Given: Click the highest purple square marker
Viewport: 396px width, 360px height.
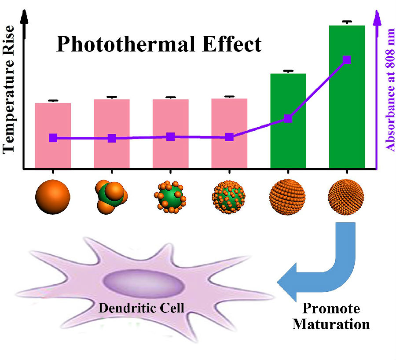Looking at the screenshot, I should (347, 60).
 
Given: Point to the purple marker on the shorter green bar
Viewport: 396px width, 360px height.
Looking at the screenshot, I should (288, 118).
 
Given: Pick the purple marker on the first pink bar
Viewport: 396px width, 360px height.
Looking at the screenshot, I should (53, 138).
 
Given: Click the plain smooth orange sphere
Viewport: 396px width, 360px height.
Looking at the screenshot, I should (53, 197).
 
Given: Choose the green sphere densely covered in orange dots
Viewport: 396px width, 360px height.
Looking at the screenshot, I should (229, 197).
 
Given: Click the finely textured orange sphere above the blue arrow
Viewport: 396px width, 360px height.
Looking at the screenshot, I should (346, 197).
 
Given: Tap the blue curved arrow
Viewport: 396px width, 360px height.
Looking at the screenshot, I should (326, 268).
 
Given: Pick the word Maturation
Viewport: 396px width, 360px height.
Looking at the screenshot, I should (331, 324).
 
